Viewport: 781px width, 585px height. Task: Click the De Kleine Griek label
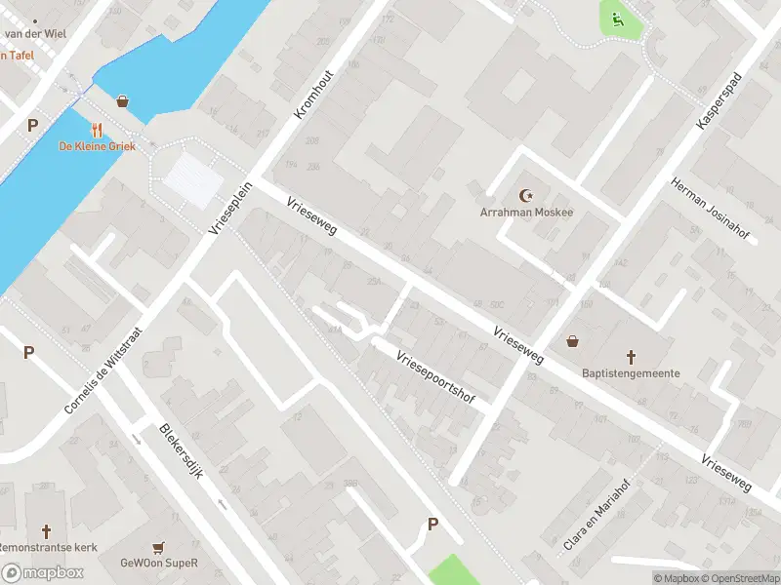coord(97,146)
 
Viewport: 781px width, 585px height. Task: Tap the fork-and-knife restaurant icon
coord(97,130)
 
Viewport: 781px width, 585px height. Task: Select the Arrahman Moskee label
coord(527,212)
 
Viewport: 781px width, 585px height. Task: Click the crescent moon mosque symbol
coord(528,195)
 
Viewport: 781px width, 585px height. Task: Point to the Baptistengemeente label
coord(631,372)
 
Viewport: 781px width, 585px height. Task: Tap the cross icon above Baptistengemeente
coord(631,357)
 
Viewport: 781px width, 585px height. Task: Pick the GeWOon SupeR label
coord(159,563)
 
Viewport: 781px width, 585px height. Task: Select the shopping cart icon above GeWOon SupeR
coord(157,547)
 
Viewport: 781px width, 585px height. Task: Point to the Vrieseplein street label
coord(230,207)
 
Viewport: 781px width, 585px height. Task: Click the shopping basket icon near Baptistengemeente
coord(573,341)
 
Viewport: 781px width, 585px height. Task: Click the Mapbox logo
coord(42,572)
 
